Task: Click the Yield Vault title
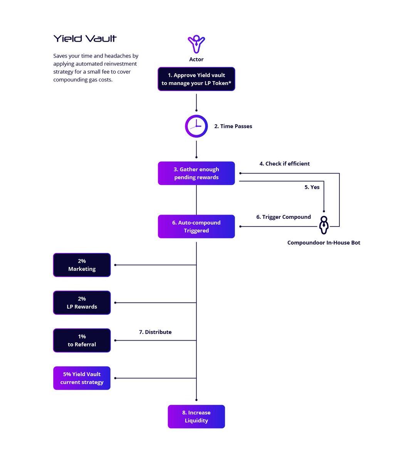tap(85, 39)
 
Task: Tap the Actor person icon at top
tap(196, 44)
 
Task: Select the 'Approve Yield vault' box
tap(196, 79)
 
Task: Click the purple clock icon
tap(196, 126)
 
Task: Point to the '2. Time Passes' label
tap(233, 126)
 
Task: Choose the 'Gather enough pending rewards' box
tap(196, 173)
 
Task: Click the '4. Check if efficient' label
tap(284, 164)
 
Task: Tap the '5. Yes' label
tap(312, 187)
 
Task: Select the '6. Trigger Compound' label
tap(283, 217)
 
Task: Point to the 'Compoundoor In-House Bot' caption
tap(324, 243)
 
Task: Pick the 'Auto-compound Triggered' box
tap(196, 226)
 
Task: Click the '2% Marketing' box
tap(82, 265)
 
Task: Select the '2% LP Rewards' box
tap(82, 303)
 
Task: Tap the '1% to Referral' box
tap(82, 340)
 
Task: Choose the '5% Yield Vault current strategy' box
tap(82, 378)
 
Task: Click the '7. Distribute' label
tap(155, 332)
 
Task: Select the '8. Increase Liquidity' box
tap(196, 417)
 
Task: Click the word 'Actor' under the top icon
tap(196, 59)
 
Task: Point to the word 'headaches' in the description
tap(118, 56)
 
